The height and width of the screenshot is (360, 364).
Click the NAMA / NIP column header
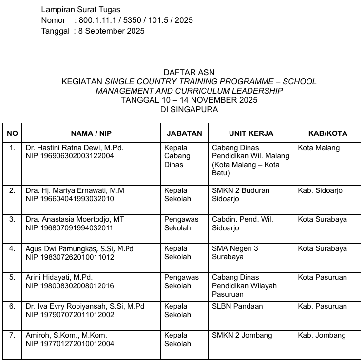tap(92, 133)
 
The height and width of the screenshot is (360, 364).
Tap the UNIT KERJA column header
tap(251, 133)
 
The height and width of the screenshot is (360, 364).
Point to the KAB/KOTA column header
tap(327, 133)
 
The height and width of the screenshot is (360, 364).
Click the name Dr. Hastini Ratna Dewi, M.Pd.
tap(75, 148)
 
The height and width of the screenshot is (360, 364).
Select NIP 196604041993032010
tap(70, 199)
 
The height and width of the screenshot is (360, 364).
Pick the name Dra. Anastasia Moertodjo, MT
tap(75, 219)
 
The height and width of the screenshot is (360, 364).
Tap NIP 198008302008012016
tap(70, 286)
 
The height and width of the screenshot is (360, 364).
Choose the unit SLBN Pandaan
tap(237, 306)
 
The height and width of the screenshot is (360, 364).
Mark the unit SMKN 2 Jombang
tap(242, 335)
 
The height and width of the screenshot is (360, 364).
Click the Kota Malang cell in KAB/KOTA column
tap(319, 148)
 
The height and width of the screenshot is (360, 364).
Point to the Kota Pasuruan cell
tap(322, 277)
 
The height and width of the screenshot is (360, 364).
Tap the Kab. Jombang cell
tap(322, 335)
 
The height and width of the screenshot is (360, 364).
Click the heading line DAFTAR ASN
tap(189, 73)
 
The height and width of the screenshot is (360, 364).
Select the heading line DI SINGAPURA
tap(189, 110)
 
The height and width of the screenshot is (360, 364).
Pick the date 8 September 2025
tap(112, 31)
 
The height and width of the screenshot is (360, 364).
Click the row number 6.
tap(12, 306)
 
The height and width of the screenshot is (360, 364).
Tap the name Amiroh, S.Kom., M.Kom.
tap(66, 335)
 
